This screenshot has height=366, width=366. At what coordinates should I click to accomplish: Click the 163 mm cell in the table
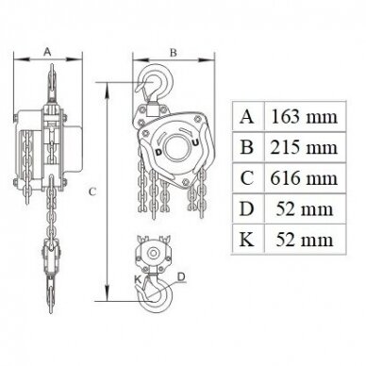tap(304, 117)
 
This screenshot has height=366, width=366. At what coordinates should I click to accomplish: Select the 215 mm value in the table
tap(304, 147)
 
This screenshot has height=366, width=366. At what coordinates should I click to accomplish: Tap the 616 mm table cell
tap(304, 178)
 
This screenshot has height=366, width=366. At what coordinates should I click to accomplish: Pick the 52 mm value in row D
tap(305, 208)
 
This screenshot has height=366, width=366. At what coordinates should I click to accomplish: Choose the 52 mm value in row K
tap(305, 240)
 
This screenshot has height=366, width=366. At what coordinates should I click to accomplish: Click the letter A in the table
tap(246, 117)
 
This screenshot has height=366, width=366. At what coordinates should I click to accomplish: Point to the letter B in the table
tap(246, 147)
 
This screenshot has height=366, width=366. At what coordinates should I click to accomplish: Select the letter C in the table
tap(247, 178)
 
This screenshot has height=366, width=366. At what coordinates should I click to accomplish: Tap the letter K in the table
tap(246, 240)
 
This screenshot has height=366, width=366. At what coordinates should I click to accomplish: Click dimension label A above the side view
tap(47, 52)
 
